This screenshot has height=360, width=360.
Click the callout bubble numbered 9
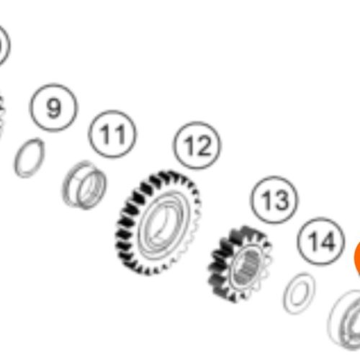(53, 107)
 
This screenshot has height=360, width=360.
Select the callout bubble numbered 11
(112, 135)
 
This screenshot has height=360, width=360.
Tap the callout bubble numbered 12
(197, 145)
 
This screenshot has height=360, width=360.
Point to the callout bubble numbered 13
(274, 199)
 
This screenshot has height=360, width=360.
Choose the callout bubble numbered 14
(321, 241)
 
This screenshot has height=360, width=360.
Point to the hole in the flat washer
(300, 293)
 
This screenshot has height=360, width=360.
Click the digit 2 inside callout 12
(204, 146)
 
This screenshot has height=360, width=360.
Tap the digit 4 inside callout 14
(327, 241)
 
